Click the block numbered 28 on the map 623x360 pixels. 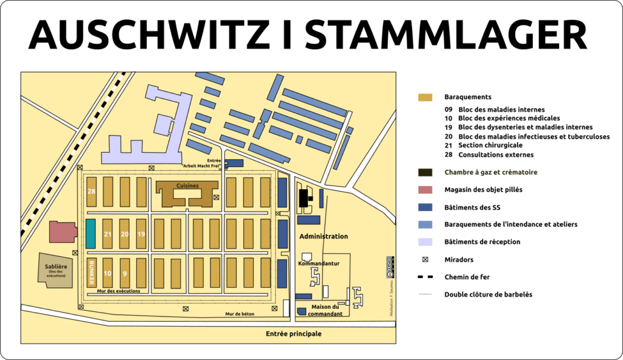(x=91, y=192)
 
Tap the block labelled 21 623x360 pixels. (x=108, y=234)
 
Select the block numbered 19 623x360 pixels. (x=141, y=234)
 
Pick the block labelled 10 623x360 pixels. (x=108, y=273)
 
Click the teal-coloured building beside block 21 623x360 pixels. (x=91, y=234)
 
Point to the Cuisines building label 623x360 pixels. (x=187, y=185)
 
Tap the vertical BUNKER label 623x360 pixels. (x=91, y=272)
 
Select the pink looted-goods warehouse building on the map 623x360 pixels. (x=63, y=232)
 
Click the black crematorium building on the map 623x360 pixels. (x=304, y=199)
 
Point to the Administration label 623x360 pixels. (x=324, y=236)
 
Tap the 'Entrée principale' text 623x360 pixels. (x=293, y=334)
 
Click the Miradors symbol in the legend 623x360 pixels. (x=425, y=260)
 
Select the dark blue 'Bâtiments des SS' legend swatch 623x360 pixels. (x=425, y=207)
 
